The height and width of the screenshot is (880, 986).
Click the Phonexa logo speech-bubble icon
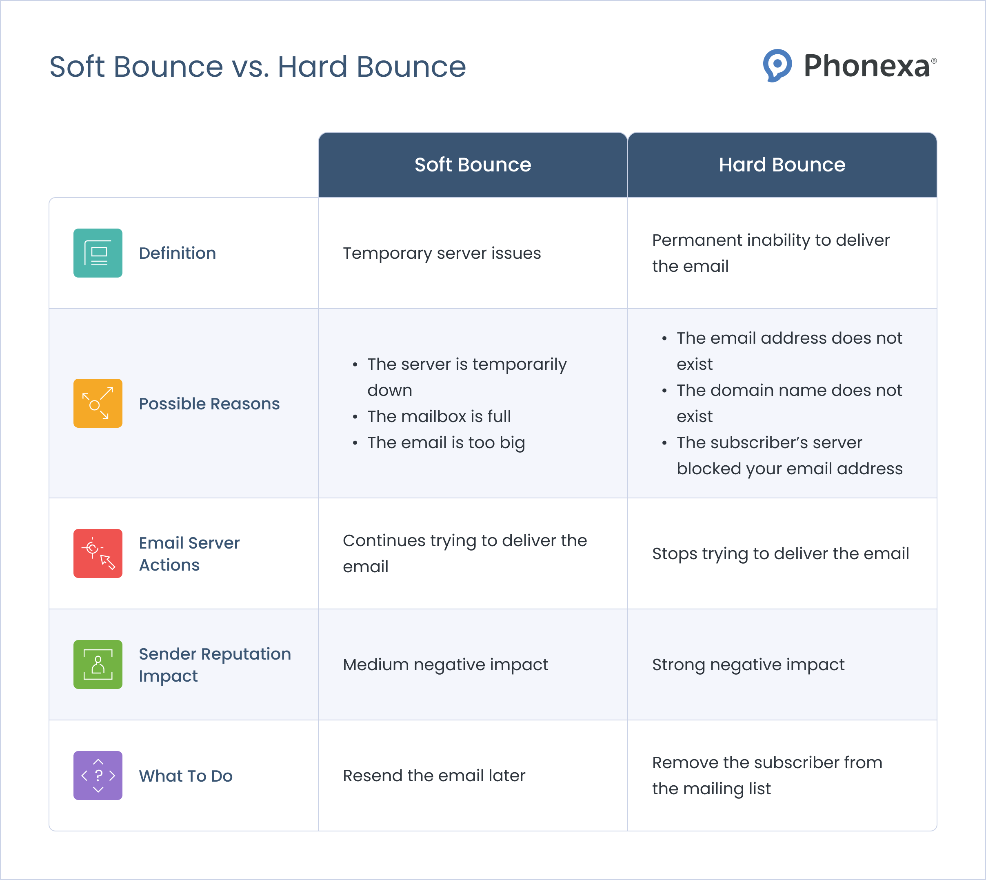point(777,65)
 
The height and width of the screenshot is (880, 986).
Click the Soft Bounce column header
point(473,165)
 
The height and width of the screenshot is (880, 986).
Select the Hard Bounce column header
point(782,165)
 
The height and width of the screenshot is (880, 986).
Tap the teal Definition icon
point(98,253)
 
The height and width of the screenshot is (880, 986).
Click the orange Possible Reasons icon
point(98,403)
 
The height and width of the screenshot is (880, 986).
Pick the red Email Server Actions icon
point(98,553)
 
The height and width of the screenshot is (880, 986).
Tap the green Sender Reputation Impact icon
point(98,664)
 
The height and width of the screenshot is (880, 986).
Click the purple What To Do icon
point(98,776)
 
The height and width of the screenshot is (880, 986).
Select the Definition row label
point(178,253)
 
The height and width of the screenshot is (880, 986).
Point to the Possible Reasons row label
point(209,404)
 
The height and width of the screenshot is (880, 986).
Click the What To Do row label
point(186,776)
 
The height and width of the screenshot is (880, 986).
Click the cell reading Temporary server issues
point(442,253)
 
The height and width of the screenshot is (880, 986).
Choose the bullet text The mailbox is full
point(439,416)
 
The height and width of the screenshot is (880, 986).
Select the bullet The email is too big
point(446,442)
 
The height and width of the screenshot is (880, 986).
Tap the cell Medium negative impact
point(445,664)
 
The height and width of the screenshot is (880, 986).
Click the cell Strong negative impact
point(748,664)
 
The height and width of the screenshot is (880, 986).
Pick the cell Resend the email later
point(433,776)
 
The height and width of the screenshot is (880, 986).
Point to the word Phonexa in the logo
point(866,66)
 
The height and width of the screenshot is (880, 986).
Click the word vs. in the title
point(250,67)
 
